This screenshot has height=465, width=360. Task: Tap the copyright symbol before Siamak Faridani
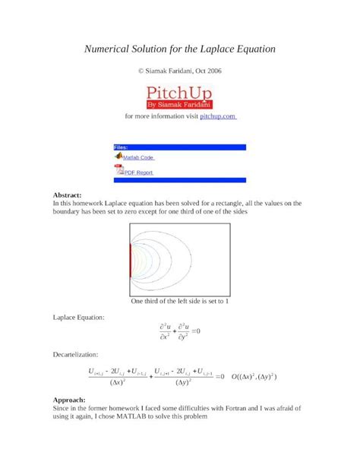point(141,71)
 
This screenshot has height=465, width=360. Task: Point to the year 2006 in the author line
point(213,71)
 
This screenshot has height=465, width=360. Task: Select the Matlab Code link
point(138,158)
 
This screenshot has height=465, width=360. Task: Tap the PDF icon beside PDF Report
point(118,169)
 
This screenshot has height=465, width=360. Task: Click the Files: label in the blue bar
point(121,147)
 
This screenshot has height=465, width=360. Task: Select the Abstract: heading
point(72,195)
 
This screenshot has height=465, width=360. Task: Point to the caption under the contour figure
point(180,302)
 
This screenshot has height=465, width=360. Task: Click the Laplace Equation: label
point(79,317)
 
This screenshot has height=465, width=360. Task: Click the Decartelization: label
point(77,355)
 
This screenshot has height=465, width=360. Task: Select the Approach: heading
point(69,400)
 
